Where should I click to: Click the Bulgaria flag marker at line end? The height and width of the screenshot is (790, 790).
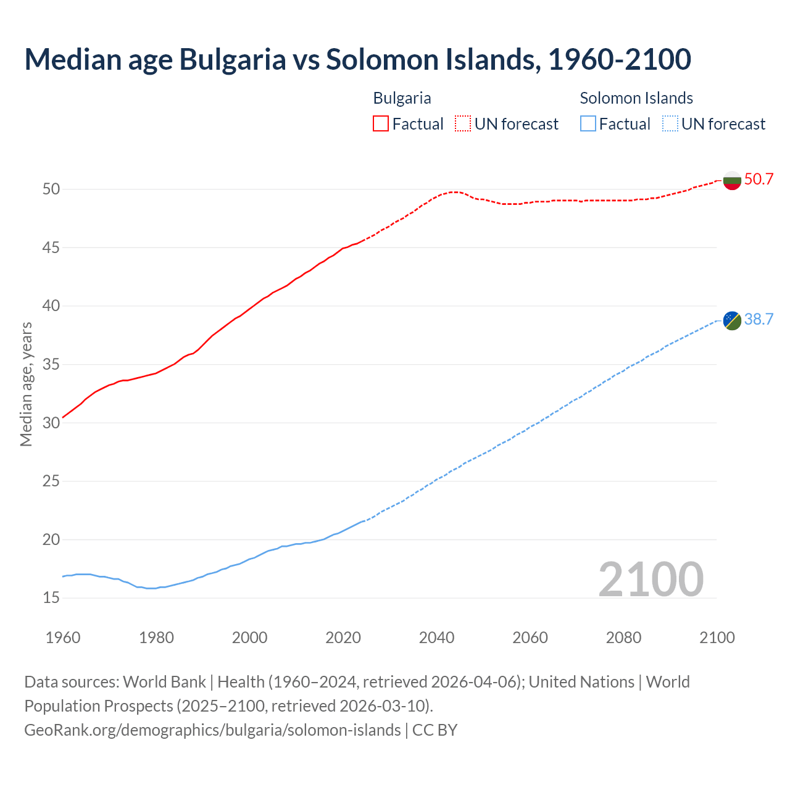point(732,180)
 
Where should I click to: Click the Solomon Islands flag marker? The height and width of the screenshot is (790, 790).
point(732,320)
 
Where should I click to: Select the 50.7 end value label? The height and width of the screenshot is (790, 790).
point(759,180)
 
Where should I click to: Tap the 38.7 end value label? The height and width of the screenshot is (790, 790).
point(759,319)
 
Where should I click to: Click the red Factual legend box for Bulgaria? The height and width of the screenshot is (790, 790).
point(381,124)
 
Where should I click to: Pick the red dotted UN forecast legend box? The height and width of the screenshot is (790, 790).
point(463,124)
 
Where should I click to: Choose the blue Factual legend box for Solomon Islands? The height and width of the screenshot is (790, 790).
point(588,124)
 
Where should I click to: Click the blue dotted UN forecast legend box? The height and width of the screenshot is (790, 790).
point(670,124)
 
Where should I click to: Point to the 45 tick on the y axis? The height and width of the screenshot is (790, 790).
point(51,247)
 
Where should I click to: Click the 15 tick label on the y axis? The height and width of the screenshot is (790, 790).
point(51,597)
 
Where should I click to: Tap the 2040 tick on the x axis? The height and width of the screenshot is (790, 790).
point(436,638)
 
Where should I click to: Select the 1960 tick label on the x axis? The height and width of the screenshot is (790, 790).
point(63,638)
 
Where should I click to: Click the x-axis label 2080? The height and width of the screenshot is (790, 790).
point(623,638)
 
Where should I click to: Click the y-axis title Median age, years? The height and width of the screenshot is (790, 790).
point(26,384)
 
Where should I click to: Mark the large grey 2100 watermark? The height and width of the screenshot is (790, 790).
point(651,579)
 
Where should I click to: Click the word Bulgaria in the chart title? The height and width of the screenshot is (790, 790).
point(233,59)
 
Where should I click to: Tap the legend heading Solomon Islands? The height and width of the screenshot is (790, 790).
point(636,98)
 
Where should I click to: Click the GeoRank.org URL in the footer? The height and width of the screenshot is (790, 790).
point(212,730)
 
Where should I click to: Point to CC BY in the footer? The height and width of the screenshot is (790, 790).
point(434,730)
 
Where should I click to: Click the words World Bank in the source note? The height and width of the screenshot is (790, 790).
point(164,682)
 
